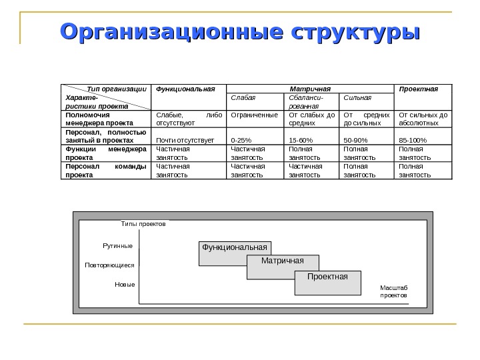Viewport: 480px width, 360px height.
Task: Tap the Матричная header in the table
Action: [311, 88]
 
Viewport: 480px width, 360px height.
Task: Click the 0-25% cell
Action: [241, 141]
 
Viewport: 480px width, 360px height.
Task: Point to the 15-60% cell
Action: [299, 141]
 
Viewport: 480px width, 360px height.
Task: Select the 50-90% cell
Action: [355, 141]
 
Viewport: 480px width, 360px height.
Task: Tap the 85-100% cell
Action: [412, 141]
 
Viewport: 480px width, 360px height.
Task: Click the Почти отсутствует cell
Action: [185, 141]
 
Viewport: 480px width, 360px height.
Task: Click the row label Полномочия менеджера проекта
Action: [99, 119]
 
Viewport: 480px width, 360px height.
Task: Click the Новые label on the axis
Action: [125, 285]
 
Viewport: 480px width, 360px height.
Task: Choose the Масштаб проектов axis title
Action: [393, 290]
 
